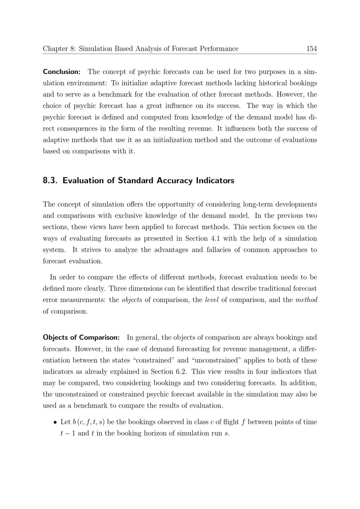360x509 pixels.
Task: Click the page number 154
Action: pos(311,49)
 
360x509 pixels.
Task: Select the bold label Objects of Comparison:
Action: pos(81,337)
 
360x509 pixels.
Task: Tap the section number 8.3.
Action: pos(50,180)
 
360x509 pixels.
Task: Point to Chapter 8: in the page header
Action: pos(59,49)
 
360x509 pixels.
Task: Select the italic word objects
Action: pos(132,300)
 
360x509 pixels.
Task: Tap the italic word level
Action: pos(212,300)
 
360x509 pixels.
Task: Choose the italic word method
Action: pos(306,300)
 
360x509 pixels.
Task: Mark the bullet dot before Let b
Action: pos(55,422)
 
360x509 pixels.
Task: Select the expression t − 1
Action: pos(68,433)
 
